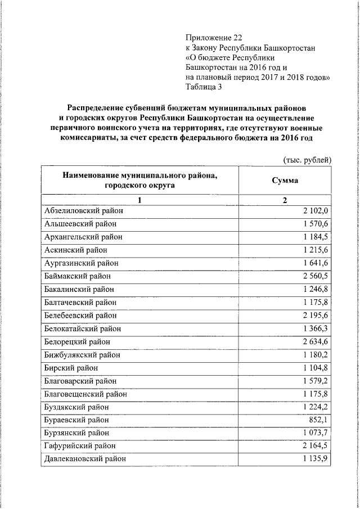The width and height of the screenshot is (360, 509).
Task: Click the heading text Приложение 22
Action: coord(211,38)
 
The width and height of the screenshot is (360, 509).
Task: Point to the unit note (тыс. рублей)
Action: coord(307,160)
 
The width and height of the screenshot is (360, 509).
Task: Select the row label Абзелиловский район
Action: coord(83,211)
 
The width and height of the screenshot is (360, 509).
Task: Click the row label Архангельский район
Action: coord(83,237)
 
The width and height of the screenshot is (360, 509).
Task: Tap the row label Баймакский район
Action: coord(77,276)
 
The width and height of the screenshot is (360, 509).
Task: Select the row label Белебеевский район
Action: coord(81,316)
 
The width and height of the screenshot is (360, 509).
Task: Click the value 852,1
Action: coord(319,420)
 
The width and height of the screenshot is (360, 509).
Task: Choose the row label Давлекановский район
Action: coord(84,459)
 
